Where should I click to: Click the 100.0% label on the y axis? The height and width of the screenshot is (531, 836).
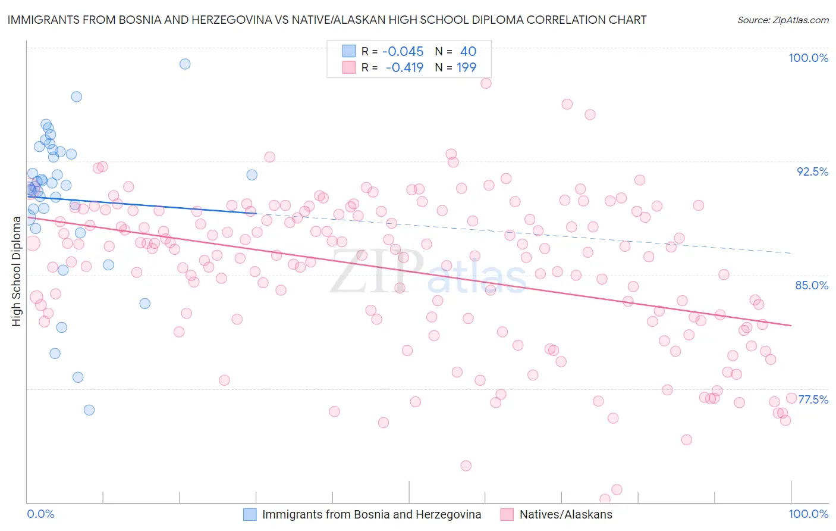point(808,58)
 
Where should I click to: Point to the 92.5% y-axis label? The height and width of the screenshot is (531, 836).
point(812,171)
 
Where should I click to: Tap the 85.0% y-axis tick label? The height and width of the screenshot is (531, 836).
point(812,285)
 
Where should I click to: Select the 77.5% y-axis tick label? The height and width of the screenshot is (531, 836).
point(813,399)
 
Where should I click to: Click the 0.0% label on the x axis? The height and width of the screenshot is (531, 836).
point(40,514)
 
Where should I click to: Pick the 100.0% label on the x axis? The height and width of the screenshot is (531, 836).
point(808,514)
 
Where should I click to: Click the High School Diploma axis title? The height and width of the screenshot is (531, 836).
point(17,271)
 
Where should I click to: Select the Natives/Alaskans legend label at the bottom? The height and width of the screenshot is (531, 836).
point(565,514)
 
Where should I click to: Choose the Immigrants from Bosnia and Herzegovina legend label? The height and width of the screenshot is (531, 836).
point(372,514)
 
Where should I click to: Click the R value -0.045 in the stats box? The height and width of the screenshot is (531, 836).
point(403,52)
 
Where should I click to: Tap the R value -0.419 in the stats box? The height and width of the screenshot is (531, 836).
point(404,68)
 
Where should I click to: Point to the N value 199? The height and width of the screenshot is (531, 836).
point(466,68)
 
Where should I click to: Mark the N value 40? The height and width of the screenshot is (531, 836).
point(468,52)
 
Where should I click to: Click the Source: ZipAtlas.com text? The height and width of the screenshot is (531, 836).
point(782,20)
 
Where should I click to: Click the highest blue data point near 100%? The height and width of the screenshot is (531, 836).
point(185,64)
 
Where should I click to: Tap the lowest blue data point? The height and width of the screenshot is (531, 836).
point(89,410)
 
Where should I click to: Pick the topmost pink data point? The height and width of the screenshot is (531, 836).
point(486,83)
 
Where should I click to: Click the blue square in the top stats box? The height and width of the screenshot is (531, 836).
point(348,51)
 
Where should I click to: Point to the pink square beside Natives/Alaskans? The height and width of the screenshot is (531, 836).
point(507,514)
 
